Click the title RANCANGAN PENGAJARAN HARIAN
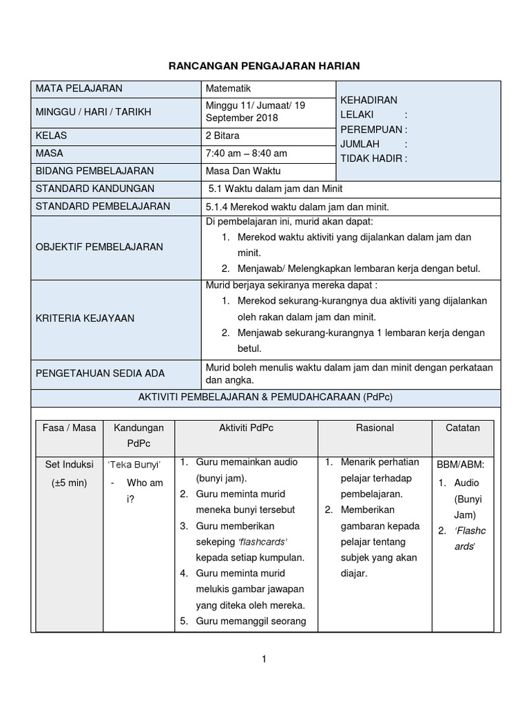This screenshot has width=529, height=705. pyautogui.click(x=264, y=65)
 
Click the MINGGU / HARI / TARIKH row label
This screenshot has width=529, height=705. pyautogui.click(x=93, y=112)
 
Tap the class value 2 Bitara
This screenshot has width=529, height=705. pyautogui.click(x=222, y=136)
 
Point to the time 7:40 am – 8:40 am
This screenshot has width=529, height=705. pyautogui.click(x=246, y=153)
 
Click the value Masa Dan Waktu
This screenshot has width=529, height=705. pyautogui.click(x=243, y=171)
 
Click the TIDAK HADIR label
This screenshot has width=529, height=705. pyautogui.click(x=373, y=158)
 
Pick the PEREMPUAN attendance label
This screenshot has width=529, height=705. pyautogui.click(x=373, y=129)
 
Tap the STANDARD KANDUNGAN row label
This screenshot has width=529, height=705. pyautogui.click(x=95, y=189)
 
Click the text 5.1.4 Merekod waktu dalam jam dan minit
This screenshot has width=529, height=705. pyautogui.click(x=297, y=207)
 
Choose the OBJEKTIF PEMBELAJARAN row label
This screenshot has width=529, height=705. pyautogui.click(x=99, y=246)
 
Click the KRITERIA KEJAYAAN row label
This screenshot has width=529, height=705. pyautogui.click(x=85, y=318)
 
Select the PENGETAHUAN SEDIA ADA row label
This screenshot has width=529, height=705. pyautogui.click(x=101, y=373)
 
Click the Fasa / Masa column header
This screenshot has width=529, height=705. pyautogui.click(x=69, y=428)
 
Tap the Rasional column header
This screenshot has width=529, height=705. pyautogui.click(x=375, y=428)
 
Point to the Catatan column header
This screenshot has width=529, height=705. pyautogui.click(x=462, y=428)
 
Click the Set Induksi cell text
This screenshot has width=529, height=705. pyautogui.click(x=69, y=464)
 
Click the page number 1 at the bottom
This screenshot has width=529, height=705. pyautogui.click(x=264, y=659)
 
